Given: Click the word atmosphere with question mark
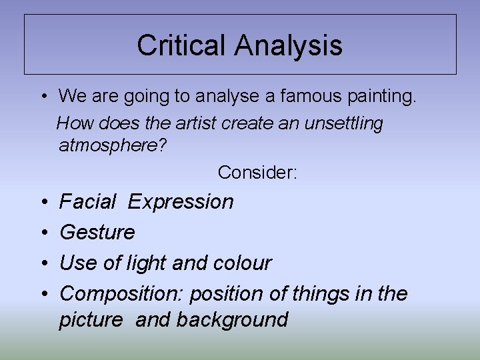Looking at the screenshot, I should pos(113,145).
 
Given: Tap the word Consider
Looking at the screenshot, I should pos(257,173).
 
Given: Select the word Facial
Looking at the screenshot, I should pos(88,201).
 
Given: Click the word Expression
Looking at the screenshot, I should pos(181,201).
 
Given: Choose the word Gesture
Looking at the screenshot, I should pos(97,233).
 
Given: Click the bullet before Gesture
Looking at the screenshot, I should pos(43,233).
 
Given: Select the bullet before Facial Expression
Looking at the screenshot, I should pos(43,201).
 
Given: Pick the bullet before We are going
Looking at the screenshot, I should pos(42,97).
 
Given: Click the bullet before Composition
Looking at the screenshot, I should pos(43,294).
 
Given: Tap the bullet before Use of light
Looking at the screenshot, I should pos(43,263).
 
